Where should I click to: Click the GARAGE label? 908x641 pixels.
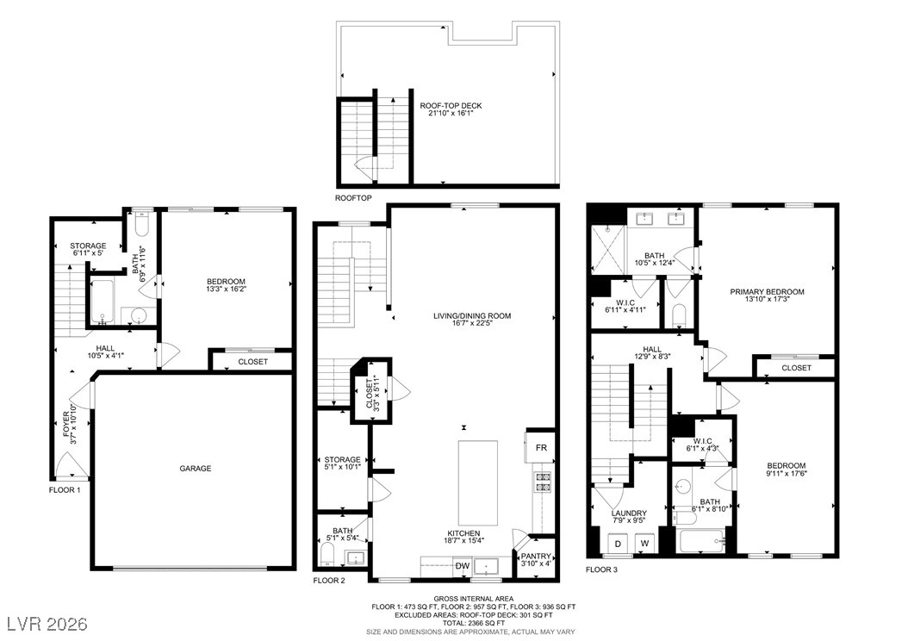click(x=196, y=469)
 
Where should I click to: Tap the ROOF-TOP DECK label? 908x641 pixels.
click(x=451, y=106)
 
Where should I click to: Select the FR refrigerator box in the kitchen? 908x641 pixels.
click(x=541, y=448)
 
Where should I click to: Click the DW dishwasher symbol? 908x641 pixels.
click(x=462, y=566)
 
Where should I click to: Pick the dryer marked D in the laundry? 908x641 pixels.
click(x=619, y=544)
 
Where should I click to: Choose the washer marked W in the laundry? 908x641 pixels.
click(x=644, y=544)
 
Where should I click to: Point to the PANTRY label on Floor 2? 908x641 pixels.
click(x=536, y=556)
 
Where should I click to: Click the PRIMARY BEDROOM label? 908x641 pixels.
click(x=767, y=292)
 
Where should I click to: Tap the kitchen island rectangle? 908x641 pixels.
click(x=478, y=483)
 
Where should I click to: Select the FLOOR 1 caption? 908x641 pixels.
click(x=65, y=490)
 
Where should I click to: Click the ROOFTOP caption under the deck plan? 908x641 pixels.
click(x=353, y=198)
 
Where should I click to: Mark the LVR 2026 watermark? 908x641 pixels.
click(x=47, y=624)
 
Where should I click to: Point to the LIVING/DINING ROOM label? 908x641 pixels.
click(x=473, y=316)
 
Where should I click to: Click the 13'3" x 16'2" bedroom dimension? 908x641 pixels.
click(x=226, y=289)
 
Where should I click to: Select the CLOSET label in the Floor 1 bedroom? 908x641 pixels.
click(x=253, y=362)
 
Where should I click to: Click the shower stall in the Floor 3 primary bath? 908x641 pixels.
click(x=608, y=249)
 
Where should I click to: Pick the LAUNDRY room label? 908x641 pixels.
click(x=629, y=513)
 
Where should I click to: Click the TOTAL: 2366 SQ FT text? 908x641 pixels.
click(x=473, y=623)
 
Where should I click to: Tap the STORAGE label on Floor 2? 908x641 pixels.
click(x=342, y=460)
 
